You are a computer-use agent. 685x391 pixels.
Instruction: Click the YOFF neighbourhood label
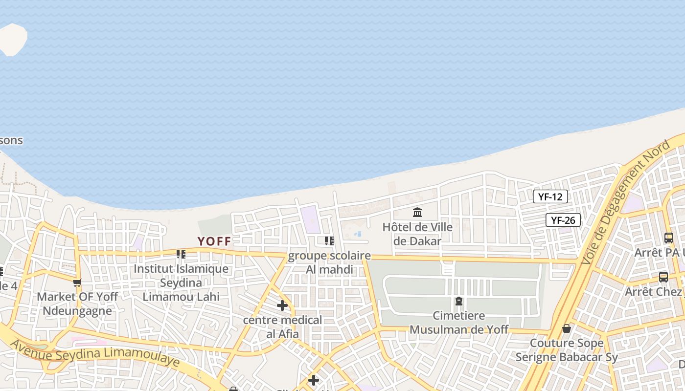(214, 241)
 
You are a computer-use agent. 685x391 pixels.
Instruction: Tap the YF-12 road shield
(550, 196)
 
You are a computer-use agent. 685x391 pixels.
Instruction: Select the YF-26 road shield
(563, 220)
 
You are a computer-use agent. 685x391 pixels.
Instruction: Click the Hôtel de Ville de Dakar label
(417, 234)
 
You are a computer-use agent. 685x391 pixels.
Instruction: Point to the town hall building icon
(417, 213)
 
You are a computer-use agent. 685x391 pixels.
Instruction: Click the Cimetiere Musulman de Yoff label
(458, 323)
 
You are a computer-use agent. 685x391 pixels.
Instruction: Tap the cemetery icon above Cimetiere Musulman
(459, 301)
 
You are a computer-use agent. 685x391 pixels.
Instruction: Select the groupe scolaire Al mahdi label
(329, 262)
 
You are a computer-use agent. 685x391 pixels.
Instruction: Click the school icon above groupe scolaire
(329, 240)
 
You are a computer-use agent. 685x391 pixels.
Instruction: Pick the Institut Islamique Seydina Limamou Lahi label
(181, 282)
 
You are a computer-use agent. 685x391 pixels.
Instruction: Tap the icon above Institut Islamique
(181, 254)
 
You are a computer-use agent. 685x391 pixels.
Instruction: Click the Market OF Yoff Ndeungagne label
(77, 304)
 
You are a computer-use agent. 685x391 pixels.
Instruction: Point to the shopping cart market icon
(77, 282)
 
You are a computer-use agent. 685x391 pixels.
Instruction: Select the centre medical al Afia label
(283, 327)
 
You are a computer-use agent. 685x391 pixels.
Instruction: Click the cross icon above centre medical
(282, 305)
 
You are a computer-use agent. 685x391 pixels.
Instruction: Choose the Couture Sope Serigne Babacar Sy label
(567, 350)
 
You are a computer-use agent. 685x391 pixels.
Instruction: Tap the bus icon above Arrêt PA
(668, 238)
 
